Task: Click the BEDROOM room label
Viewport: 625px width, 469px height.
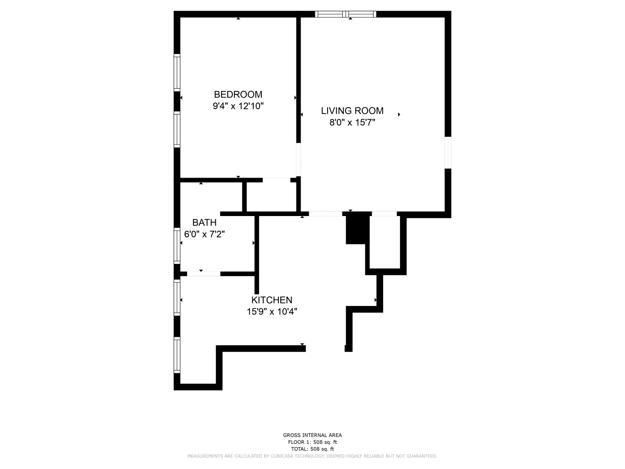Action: click(238, 94)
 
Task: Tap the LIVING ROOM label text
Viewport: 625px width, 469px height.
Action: click(352, 111)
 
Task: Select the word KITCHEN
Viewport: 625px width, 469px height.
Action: click(272, 300)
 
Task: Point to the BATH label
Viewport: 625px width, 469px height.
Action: click(204, 222)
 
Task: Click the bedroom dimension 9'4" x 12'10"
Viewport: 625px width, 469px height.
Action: click(238, 106)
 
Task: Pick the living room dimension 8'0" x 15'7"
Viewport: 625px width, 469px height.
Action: click(352, 122)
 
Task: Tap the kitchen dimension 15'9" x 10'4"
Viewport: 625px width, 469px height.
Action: click(272, 312)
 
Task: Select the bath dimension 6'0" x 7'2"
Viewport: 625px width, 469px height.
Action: click(204, 234)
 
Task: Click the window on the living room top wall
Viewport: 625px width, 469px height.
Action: click(345, 14)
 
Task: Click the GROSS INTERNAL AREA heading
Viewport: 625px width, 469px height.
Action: click(312, 435)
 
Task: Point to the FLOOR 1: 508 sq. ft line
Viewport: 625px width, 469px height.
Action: click(312, 442)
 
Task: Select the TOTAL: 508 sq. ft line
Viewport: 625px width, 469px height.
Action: click(312, 449)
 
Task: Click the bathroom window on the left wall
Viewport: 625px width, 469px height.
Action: click(177, 245)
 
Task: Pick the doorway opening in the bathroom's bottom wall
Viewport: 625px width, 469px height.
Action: click(204, 274)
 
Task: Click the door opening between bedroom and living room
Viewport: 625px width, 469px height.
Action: click(298, 160)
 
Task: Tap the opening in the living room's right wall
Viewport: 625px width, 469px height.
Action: click(448, 153)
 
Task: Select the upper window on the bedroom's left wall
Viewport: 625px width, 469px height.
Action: click(177, 72)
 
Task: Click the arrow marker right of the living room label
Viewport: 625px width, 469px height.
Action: click(399, 115)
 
